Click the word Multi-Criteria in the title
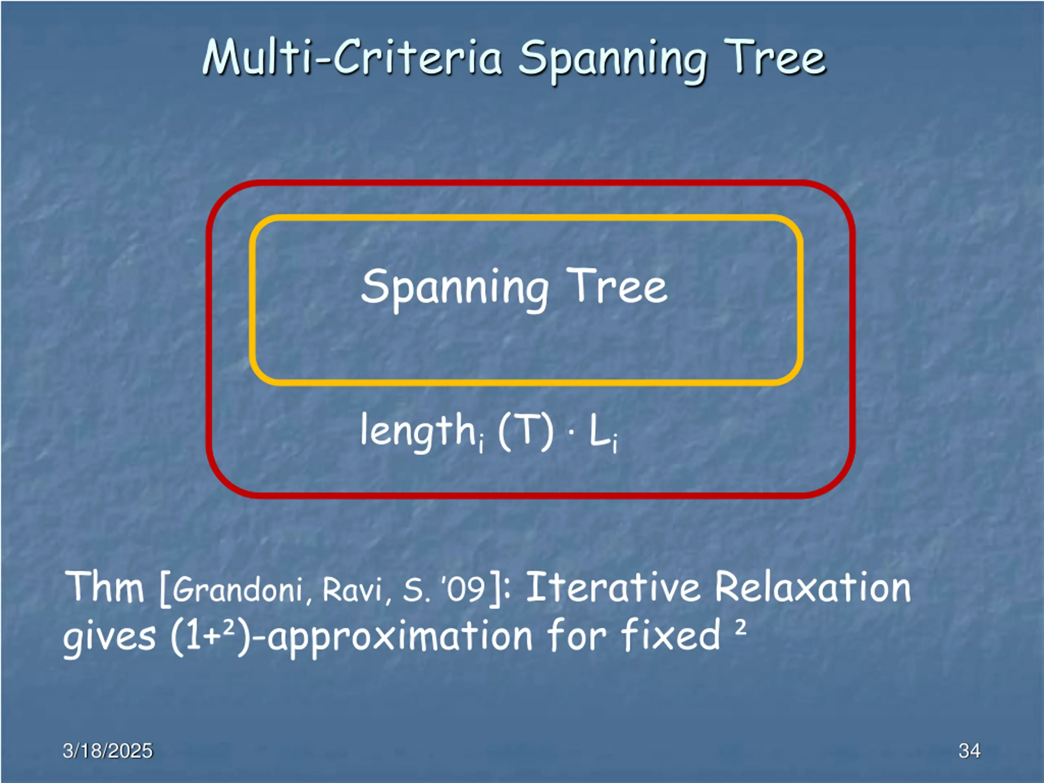tap(352, 58)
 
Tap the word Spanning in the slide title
tap(613, 60)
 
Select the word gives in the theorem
tap(109, 637)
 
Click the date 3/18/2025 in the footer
tap(108, 750)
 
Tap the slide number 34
tap(969, 750)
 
